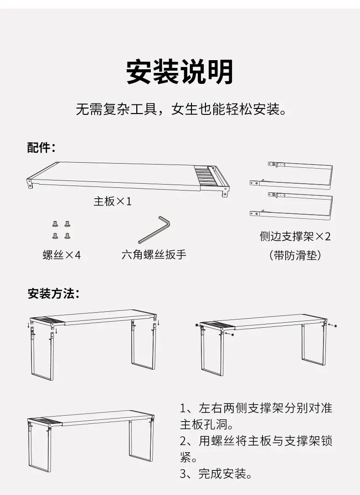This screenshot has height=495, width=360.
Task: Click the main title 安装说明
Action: (x=180, y=72)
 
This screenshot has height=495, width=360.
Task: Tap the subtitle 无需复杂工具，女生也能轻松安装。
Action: (x=181, y=109)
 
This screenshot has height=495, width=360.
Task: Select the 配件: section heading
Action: (x=41, y=147)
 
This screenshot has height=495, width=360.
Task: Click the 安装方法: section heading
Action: (x=53, y=294)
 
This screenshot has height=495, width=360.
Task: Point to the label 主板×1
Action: (x=113, y=201)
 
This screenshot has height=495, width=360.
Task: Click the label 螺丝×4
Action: (x=62, y=255)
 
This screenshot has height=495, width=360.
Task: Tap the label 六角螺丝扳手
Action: (x=154, y=254)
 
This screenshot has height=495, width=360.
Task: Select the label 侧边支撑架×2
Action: (x=295, y=236)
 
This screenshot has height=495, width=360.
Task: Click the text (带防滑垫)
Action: (x=295, y=255)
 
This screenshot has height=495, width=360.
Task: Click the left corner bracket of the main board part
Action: (x=29, y=183)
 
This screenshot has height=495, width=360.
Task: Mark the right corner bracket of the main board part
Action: (x=225, y=191)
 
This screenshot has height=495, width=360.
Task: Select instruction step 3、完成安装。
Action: (x=216, y=474)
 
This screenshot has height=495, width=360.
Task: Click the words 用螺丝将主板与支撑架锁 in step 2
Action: (x=266, y=441)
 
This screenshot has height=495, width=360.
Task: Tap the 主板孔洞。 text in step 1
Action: (x=207, y=425)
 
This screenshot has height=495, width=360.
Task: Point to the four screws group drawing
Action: (x=61, y=230)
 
